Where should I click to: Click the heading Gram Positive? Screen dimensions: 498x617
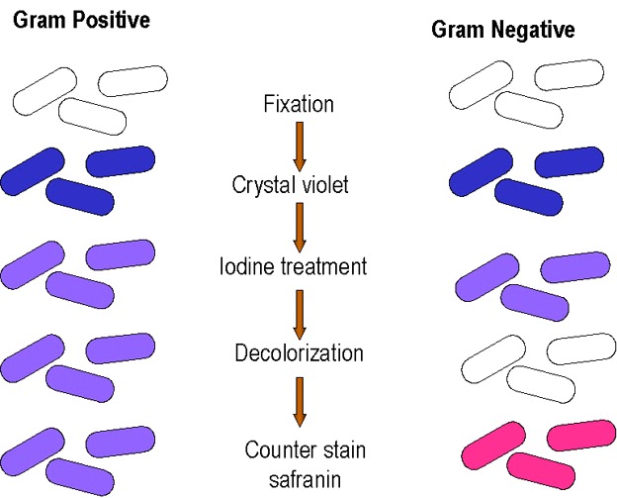(x=81, y=20)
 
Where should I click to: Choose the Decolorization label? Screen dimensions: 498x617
(x=299, y=352)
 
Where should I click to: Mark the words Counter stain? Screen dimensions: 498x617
(x=306, y=450)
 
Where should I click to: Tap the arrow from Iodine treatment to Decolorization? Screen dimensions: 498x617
(x=301, y=310)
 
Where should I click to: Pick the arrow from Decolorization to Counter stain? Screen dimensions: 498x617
(x=301, y=401)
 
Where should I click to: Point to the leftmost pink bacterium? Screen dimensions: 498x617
(x=491, y=443)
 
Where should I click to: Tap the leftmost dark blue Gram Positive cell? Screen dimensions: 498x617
(x=34, y=169)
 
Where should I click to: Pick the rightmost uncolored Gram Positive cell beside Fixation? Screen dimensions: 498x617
(x=132, y=79)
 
